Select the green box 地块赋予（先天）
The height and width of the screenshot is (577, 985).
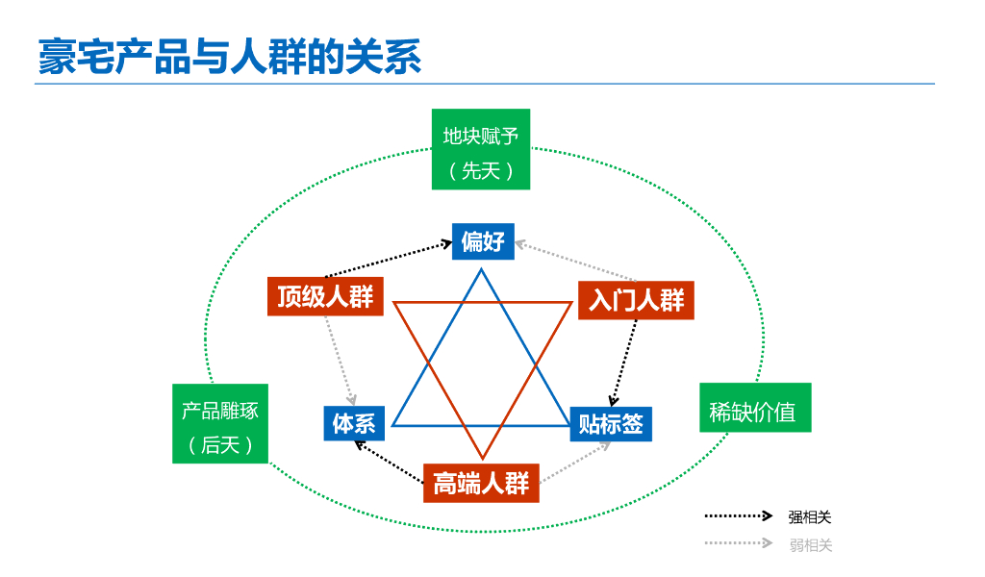click(x=481, y=149)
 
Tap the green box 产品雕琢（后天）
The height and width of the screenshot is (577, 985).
click(x=220, y=424)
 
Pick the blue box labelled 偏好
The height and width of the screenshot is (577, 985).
click(x=483, y=241)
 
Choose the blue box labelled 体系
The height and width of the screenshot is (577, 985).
click(x=354, y=423)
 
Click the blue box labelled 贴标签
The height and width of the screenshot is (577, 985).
click(x=611, y=423)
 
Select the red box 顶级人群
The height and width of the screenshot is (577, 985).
click(x=325, y=296)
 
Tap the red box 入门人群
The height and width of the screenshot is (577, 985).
click(x=636, y=300)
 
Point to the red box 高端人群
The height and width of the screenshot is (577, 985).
click(x=481, y=483)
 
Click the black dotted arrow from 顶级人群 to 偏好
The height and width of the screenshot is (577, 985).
click(x=388, y=261)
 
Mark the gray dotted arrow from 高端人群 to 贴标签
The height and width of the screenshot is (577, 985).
click(x=575, y=463)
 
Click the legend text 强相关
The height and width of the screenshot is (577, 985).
click(x=810, y=517)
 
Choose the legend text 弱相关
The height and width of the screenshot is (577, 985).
click(x=810, y=545)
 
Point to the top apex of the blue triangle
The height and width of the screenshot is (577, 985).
click(x=481, y=270)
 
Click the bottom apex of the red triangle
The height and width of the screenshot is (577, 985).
click(x=482, y=458)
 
